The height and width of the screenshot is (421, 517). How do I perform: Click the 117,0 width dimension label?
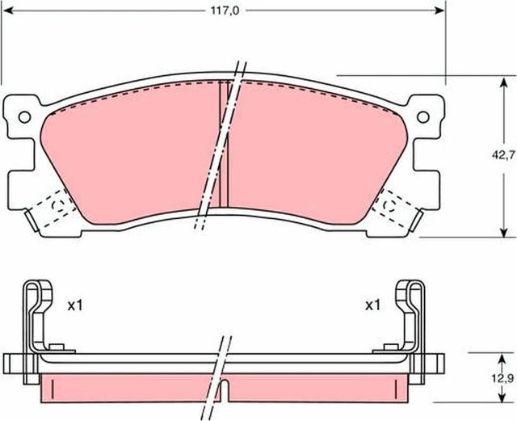pyautogui.click(x=225, y=11)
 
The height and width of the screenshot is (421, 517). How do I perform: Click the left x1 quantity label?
pyautogui.click(x=75, y=306)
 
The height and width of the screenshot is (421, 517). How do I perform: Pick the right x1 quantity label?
pyautogui.click(x=373, y=305)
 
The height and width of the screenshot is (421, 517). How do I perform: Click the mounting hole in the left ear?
pyautogui.click(x=24, y=117)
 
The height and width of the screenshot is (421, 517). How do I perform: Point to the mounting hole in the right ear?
pyautogui.click(x=423, y=116)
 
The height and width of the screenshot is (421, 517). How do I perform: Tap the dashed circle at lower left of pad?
pyautogui.click(x=59, y=205)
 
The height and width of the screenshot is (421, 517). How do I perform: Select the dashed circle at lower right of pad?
pyautogui.click(x=389, y=205)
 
